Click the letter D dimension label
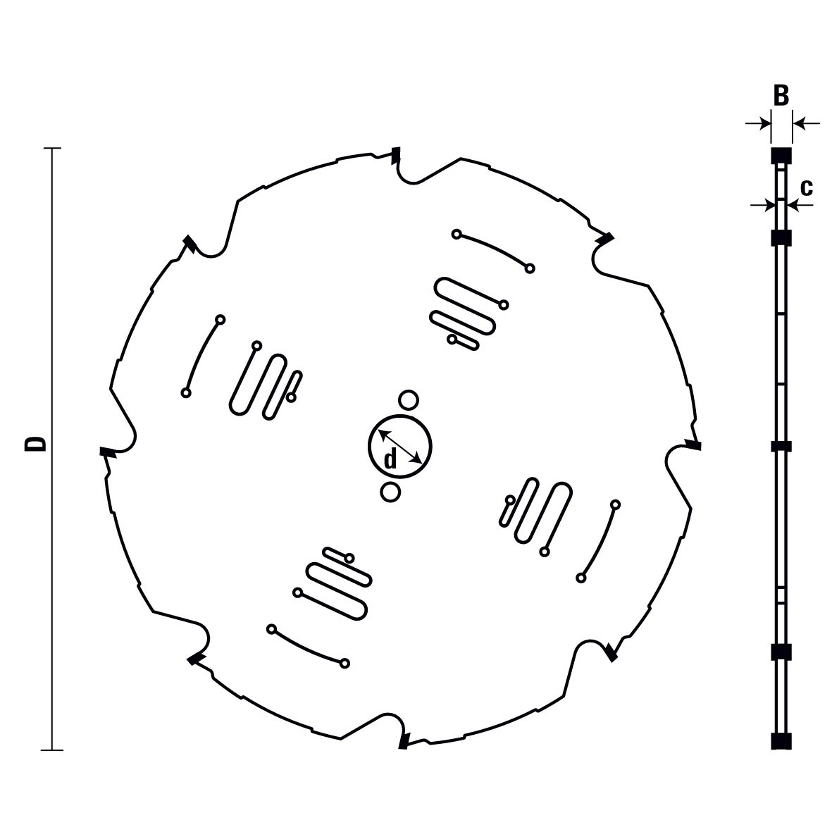36,444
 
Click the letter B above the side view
781,96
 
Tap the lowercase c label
806,187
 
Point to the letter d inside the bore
390,459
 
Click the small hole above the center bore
409,400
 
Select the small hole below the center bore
390,492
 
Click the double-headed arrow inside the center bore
400,446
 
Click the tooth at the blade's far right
693,444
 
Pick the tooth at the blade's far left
108,452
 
